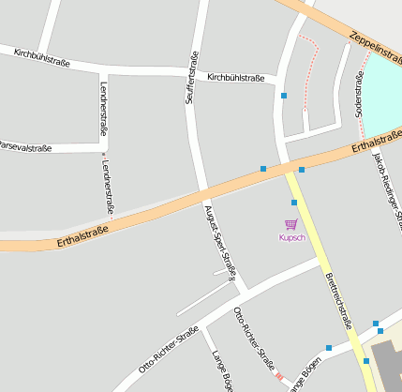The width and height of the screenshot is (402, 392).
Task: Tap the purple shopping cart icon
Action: (x=291, y=224)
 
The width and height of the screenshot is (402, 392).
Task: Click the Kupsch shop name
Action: (x=292, y=237)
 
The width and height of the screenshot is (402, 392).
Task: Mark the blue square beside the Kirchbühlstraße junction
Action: (x=284, y=96)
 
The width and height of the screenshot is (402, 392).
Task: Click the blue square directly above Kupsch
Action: (x=293, y=203)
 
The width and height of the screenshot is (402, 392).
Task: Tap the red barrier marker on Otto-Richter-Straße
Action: (x=278, y=377)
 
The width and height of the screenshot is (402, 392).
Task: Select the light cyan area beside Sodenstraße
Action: (x=381, y=94)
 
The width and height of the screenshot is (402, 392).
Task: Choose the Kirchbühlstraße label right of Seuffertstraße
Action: (x=235, y=77)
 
